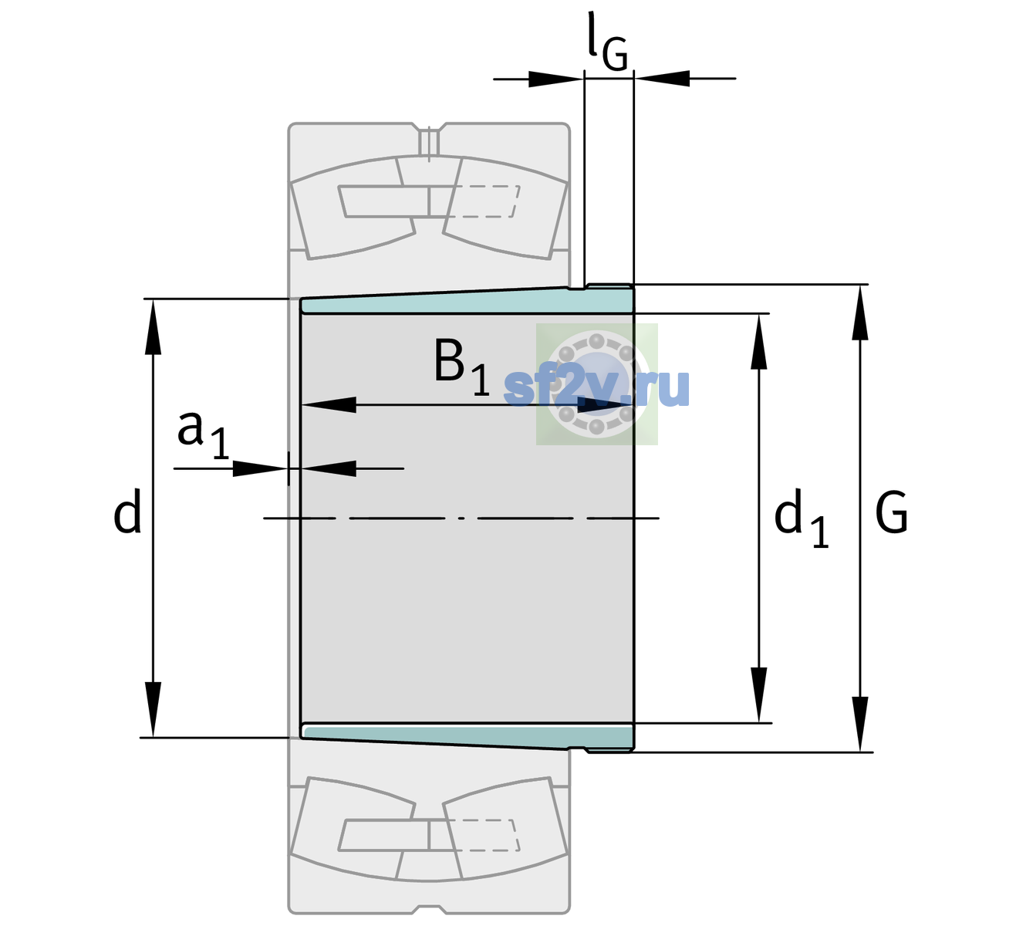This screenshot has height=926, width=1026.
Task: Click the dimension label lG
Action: [x=607, y=42]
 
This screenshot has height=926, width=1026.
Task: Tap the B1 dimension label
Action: [x=461, y=367]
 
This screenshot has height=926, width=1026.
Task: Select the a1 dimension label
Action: [x=203, y=435]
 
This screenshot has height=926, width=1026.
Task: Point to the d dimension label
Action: [x=127, y=511]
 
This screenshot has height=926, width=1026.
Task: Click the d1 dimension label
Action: [x=801, y=518]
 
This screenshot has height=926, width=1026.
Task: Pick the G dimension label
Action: [x=891, y=512]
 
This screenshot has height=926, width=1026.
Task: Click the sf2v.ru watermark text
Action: [x=596, y=388]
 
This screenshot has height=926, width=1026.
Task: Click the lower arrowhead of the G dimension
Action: [x=860, y=725]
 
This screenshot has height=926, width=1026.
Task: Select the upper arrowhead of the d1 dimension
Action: [x=758, y=341]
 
